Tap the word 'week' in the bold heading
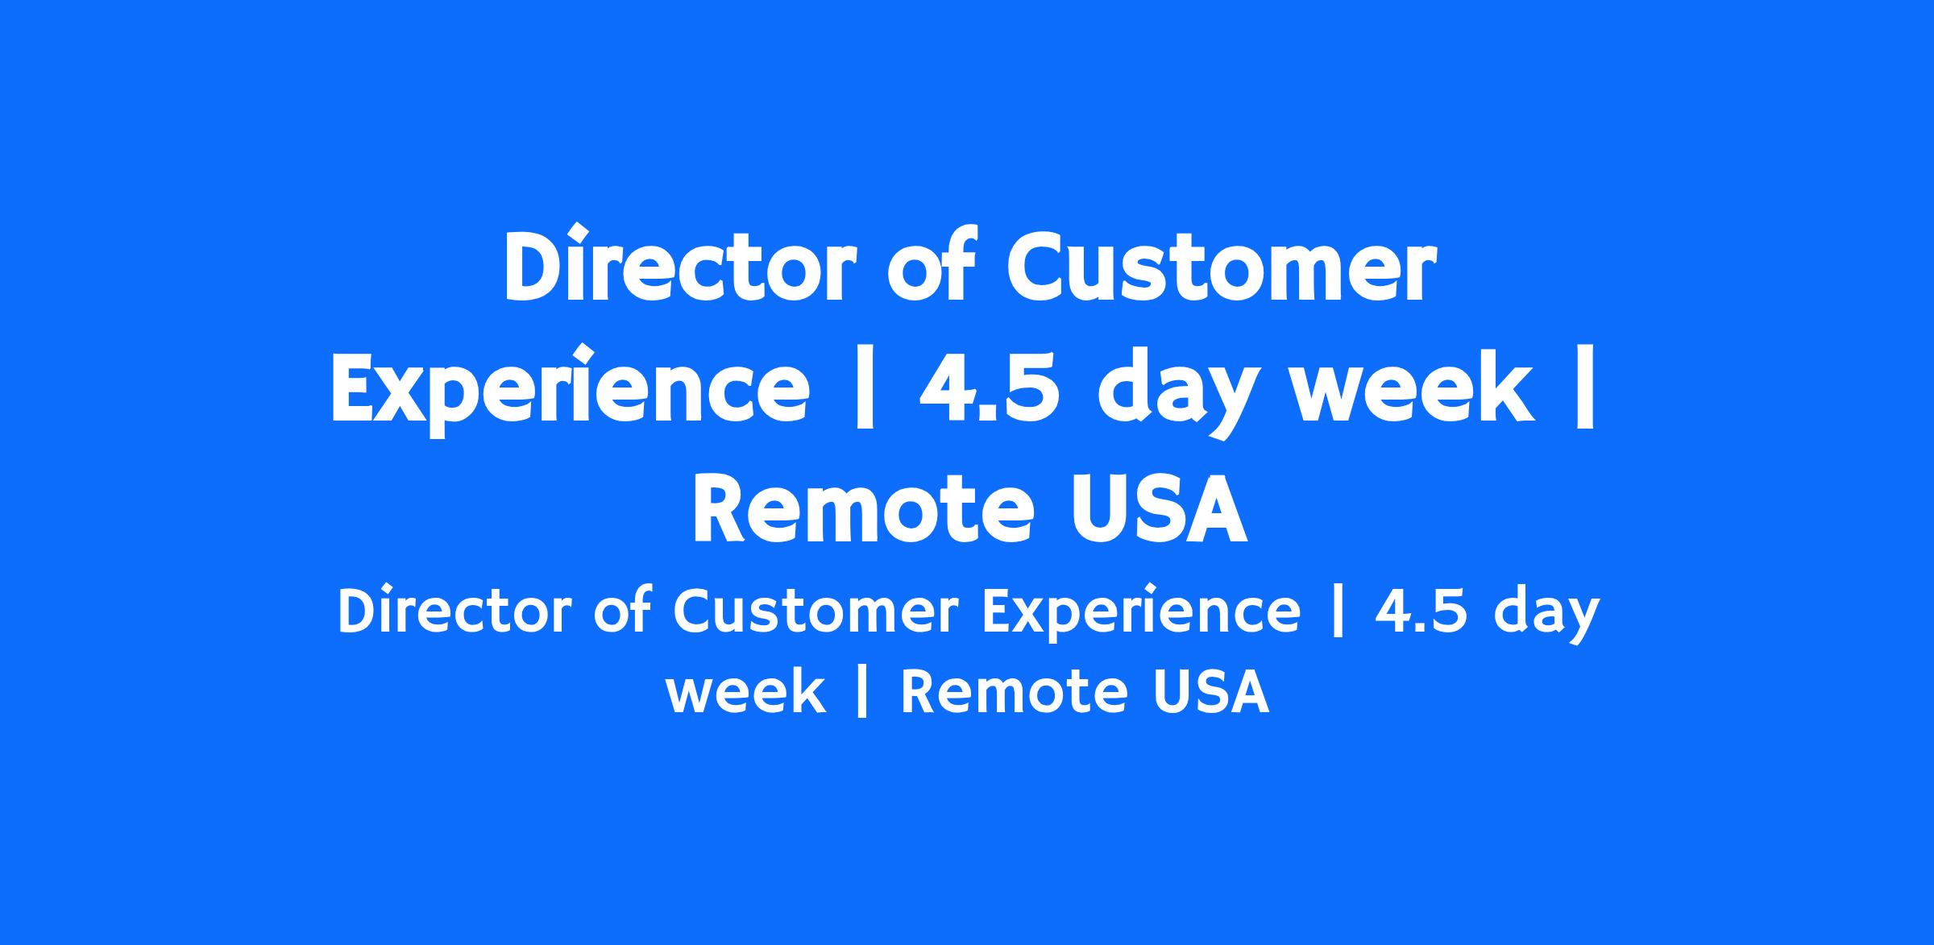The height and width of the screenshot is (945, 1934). pyautogui.click(x=1406, y=388)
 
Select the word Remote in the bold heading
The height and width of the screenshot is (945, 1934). pyautogui.click(x=862, y=509)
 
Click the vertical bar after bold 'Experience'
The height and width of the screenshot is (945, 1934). pyautogui.click(x=863, y=389)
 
